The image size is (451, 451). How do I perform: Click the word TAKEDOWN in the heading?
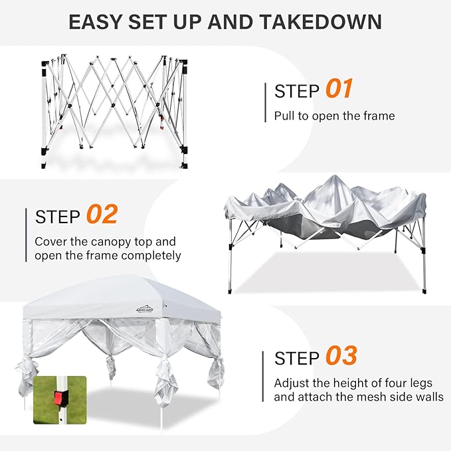pyautogui.click(x=320, y=21)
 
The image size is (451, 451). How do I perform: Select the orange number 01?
pyautogui.click(x=339, y=88)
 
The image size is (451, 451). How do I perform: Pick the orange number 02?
pyautogui.click(x=102, y=214)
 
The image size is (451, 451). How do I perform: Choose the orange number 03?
pyautogui.click(x=341, y=355)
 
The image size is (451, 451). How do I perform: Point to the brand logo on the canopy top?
pyautogui.click(x=144, y=310)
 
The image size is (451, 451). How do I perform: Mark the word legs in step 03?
pyautogui.click(x=421, y=384)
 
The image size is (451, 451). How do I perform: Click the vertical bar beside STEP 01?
pyautogui.click(x=265, y=102)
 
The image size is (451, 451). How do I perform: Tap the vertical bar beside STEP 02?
pyautogui.click(x=26, y=235)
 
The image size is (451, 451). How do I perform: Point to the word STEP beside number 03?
pyautogui.click(x=297, y=358)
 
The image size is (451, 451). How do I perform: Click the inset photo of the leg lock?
pyautogui.click(x=60, y=400)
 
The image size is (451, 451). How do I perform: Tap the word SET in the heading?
pyautogui.click(x=148, y=21)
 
